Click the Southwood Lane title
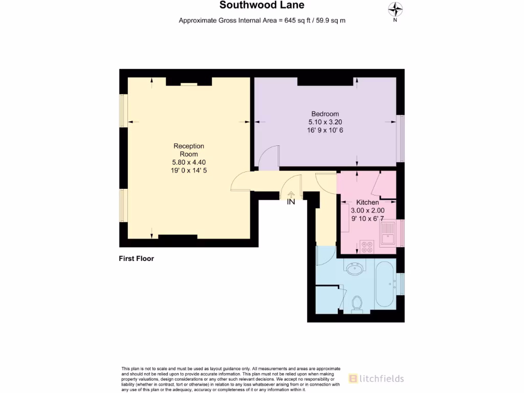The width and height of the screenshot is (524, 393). (x=262, y=6)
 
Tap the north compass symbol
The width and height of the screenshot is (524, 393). (x=395, y=9)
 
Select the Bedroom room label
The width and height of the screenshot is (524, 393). (x=325, y=114)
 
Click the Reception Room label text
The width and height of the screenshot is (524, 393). (x=188, y=150)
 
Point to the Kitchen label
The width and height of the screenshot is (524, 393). (x=367, y=203)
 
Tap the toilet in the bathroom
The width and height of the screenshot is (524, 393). (x=358, y=303)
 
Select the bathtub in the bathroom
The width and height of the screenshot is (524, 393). (x=385, y=284)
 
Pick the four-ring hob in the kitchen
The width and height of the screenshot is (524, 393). (x=366, y=247)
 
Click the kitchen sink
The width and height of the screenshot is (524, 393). (x=388, y=234)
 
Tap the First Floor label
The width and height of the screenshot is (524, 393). (x=136, y=258)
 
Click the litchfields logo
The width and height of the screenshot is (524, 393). (x=376, y=379)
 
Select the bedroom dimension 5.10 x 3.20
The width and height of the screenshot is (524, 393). (x=325, y=122)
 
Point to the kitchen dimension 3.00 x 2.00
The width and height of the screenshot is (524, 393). (x=367, y=210)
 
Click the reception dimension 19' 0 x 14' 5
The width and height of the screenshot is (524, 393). (x=188, y=170)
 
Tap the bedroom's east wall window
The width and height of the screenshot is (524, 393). (x=401, y=139)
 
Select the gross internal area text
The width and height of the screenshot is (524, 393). (x=262, y=20)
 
